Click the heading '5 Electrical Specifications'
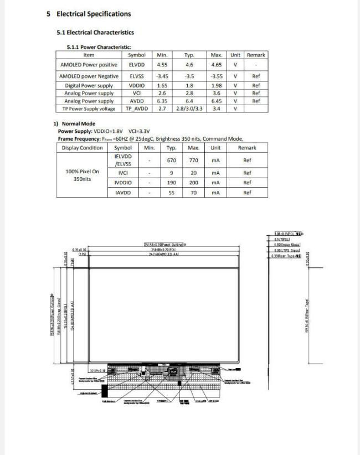tap(89, 14)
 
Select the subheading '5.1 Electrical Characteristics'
tap(95, 33)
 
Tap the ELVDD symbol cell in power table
tap(137, 65)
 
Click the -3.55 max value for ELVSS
tap(217, 76)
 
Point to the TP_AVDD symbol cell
tap(137, 109)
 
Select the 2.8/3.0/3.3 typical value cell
tap(189, 109)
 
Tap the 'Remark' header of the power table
tap(256, 55)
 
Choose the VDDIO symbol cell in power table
tap(137, 86)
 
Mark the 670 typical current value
tap(171, 161)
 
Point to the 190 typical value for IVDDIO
tap(171, 182)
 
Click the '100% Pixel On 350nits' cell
tap(82, 175)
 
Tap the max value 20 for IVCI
tap(193, 172)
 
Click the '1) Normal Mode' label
tap(74, 123)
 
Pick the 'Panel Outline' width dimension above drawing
tap(164, 244)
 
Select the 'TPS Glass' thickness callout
tap(287, 250)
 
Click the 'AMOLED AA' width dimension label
tap(164, 254)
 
